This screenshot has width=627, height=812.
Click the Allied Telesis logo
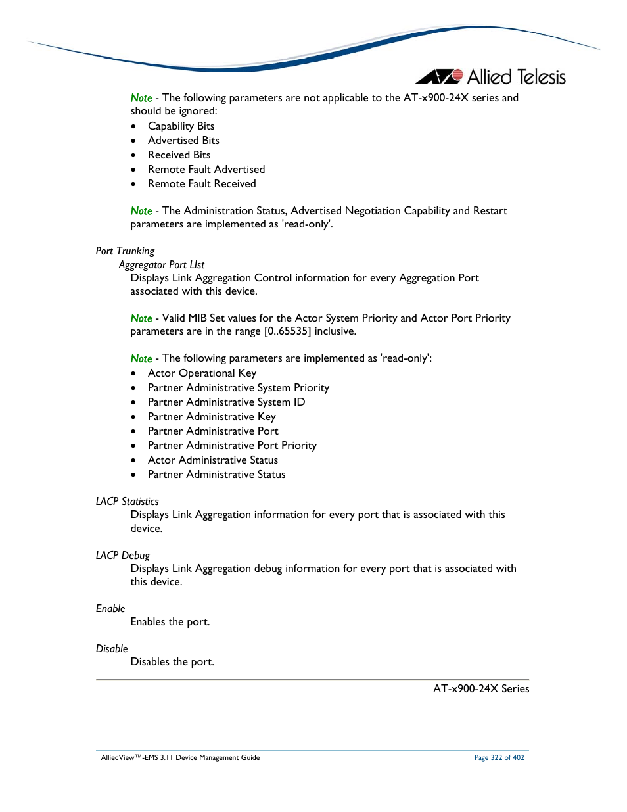click(490, 77)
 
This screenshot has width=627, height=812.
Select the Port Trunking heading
click(125, 251)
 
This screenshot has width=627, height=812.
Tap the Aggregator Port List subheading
click(162, 265)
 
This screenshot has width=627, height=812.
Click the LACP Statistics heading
click(127, 502)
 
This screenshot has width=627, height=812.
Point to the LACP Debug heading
click(123, 556)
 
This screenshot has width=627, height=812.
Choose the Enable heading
click(110, 609)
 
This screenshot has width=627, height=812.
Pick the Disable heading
click(112, 649)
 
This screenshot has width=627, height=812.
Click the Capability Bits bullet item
click(181, 126)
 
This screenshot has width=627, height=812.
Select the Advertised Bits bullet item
click(183, 141)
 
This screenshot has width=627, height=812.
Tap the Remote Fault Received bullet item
click(202, 184)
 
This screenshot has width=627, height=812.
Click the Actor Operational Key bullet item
click(202, 373)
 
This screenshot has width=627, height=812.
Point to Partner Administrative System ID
click(226, 402)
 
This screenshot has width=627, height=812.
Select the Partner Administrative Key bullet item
click(212, 417)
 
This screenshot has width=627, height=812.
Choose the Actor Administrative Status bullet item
click(213, 460)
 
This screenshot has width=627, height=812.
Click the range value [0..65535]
click(287, 331)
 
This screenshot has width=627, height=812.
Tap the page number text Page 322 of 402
click(499, 758)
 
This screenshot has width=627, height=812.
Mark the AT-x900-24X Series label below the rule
click(481, 689)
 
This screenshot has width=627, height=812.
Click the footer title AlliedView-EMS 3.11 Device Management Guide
click(180, 758)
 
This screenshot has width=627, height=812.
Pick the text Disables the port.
click(172, 662)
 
